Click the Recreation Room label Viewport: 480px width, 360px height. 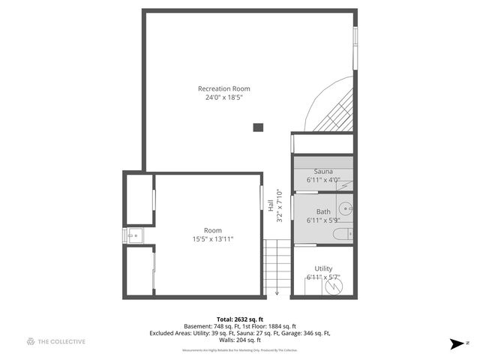pyautogui.click(x=224, y=88)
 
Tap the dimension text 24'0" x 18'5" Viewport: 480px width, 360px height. pyautogui.click(x=224, y=97)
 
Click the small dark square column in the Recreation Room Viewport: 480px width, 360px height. pyautogui.click(x=258, y=127)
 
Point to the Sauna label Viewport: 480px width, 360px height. pyautogui.click(x=323, y=172)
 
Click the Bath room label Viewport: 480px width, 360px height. pyautogui.click(x=323, y=211)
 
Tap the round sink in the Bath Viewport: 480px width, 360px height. pyautogui.click(x=346, y=209)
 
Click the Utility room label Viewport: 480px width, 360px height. pyautogui.click(x=323, y=268)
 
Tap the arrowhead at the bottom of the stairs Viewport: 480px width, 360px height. pyautogui.click(x=277, y=292)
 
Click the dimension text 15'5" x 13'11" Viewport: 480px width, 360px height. pyautogui.click(x=213, y=239)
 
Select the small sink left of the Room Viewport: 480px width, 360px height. pyautogui.click(x=133, y=235)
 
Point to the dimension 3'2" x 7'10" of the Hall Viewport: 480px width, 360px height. pyautogui.click(x=280, y=205)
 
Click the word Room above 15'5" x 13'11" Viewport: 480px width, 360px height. pyautogui.click(x=213, y=230)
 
